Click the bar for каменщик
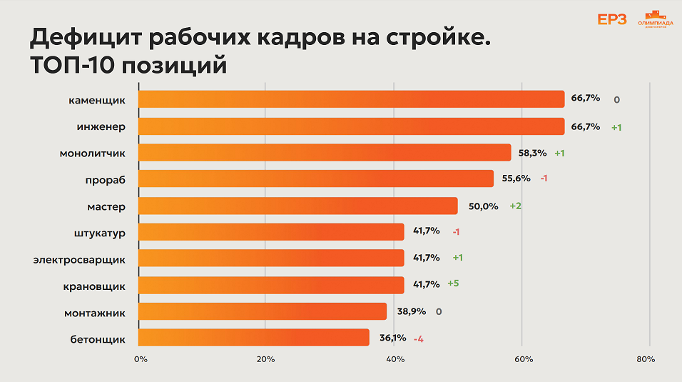[350, 99]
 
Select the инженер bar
[350, 126]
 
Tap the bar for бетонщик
[253, 338]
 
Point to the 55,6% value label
[516, 179]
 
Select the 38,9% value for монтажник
[411, 311]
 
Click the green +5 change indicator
[453, 283]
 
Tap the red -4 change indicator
[419, 338]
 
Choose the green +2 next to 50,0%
[516, 206]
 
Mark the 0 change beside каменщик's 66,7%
[616, 100]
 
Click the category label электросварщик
[79, 259]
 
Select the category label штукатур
[99, 233]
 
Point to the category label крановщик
[94, 286]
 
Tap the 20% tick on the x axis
[265, 359]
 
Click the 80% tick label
[646, 359]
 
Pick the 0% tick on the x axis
[141, 359]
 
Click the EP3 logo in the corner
[611, 19]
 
